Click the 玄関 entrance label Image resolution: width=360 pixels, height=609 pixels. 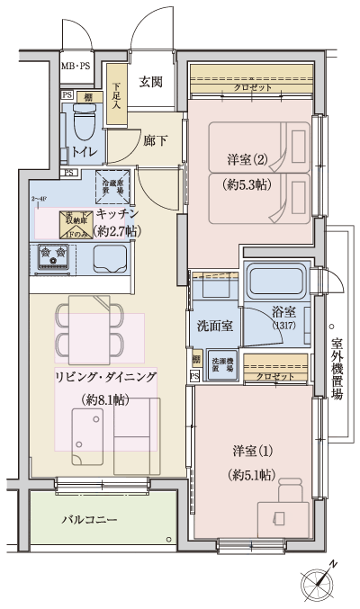click(x=150, y=82)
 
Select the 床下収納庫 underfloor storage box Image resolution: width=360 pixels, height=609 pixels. click(x=76, y=221)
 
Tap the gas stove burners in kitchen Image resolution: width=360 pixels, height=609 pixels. click(x=51, y=259)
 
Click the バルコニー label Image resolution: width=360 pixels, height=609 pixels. click(x=89, y=520)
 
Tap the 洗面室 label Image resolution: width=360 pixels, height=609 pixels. click(x=215, y=325)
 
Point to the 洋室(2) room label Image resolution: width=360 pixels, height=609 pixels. click(x=247, y=161)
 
